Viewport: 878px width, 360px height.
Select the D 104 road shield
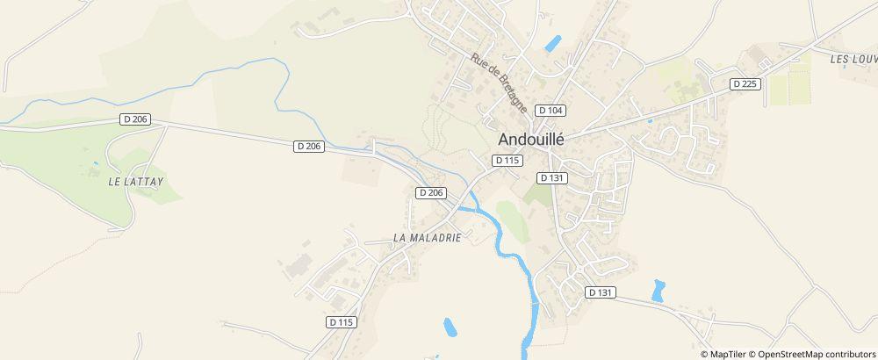point(551,110)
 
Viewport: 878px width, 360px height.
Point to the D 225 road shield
point(745,83)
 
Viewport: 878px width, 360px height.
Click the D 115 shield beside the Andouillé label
point(508,160)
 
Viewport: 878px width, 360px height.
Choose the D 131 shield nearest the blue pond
point(601,292)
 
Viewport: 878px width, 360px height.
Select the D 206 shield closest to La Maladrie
point(432,192)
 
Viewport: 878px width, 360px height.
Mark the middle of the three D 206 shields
point(308,147)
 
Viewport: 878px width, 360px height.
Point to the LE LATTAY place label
point(136,180)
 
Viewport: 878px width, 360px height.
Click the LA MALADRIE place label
point(427,237)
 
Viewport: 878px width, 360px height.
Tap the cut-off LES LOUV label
point(853,59)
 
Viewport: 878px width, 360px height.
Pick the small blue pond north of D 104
point(553,42)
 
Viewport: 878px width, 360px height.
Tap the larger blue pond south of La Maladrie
point(450,328)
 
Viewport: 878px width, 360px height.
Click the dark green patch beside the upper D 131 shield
point(537,193)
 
